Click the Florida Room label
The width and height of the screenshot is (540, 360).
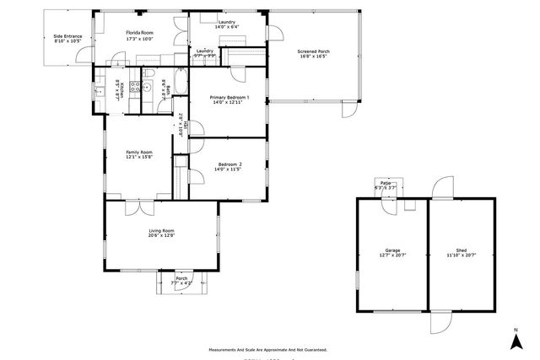point(140,32)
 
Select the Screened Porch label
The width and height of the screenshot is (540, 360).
point(313,52)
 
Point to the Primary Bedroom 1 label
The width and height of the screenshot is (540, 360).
point(229,98)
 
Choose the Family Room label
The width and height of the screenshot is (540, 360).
point(139,153)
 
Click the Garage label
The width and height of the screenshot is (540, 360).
point(392,250)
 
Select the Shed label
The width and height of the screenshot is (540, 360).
point(461,250)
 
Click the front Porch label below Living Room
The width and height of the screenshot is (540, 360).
point(181,278)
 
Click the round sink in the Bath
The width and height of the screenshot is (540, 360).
point(147,87)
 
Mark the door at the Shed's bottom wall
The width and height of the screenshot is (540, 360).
point(441,322)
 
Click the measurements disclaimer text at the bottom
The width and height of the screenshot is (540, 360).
point(269,348)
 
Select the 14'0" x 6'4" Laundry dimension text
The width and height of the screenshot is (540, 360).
point(227,27)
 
